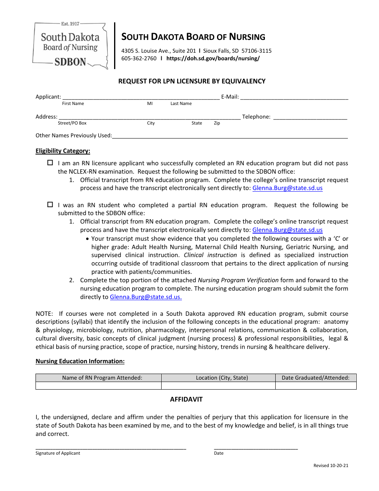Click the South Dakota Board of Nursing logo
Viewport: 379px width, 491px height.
point(70,46)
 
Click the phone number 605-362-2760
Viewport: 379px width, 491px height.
point(139,58)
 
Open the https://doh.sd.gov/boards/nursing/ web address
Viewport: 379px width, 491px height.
point(213,58)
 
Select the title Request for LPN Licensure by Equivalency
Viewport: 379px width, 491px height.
point(191,81)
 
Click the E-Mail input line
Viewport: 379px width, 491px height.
point(294,97)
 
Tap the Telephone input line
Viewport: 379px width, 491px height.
point(310,117)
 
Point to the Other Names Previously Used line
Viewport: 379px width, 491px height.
point(230,136)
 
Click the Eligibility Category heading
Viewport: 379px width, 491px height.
point(63,151)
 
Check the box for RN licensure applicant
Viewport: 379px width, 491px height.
point(50,163)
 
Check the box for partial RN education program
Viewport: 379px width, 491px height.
point(50,204)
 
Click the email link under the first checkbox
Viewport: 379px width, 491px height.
point(287,188)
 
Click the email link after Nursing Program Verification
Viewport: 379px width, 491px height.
point(146,297)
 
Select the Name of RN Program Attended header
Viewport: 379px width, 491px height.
point(102,378)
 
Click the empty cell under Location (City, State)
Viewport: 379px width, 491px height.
point(218,386)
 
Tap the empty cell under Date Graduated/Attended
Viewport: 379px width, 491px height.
point(316,386)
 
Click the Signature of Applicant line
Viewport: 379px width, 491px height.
point(111,446)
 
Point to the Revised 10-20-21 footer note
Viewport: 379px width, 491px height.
point(331,465)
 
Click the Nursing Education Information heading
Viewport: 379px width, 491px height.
point(80,361)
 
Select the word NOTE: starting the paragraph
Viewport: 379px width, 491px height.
point(44,314)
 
